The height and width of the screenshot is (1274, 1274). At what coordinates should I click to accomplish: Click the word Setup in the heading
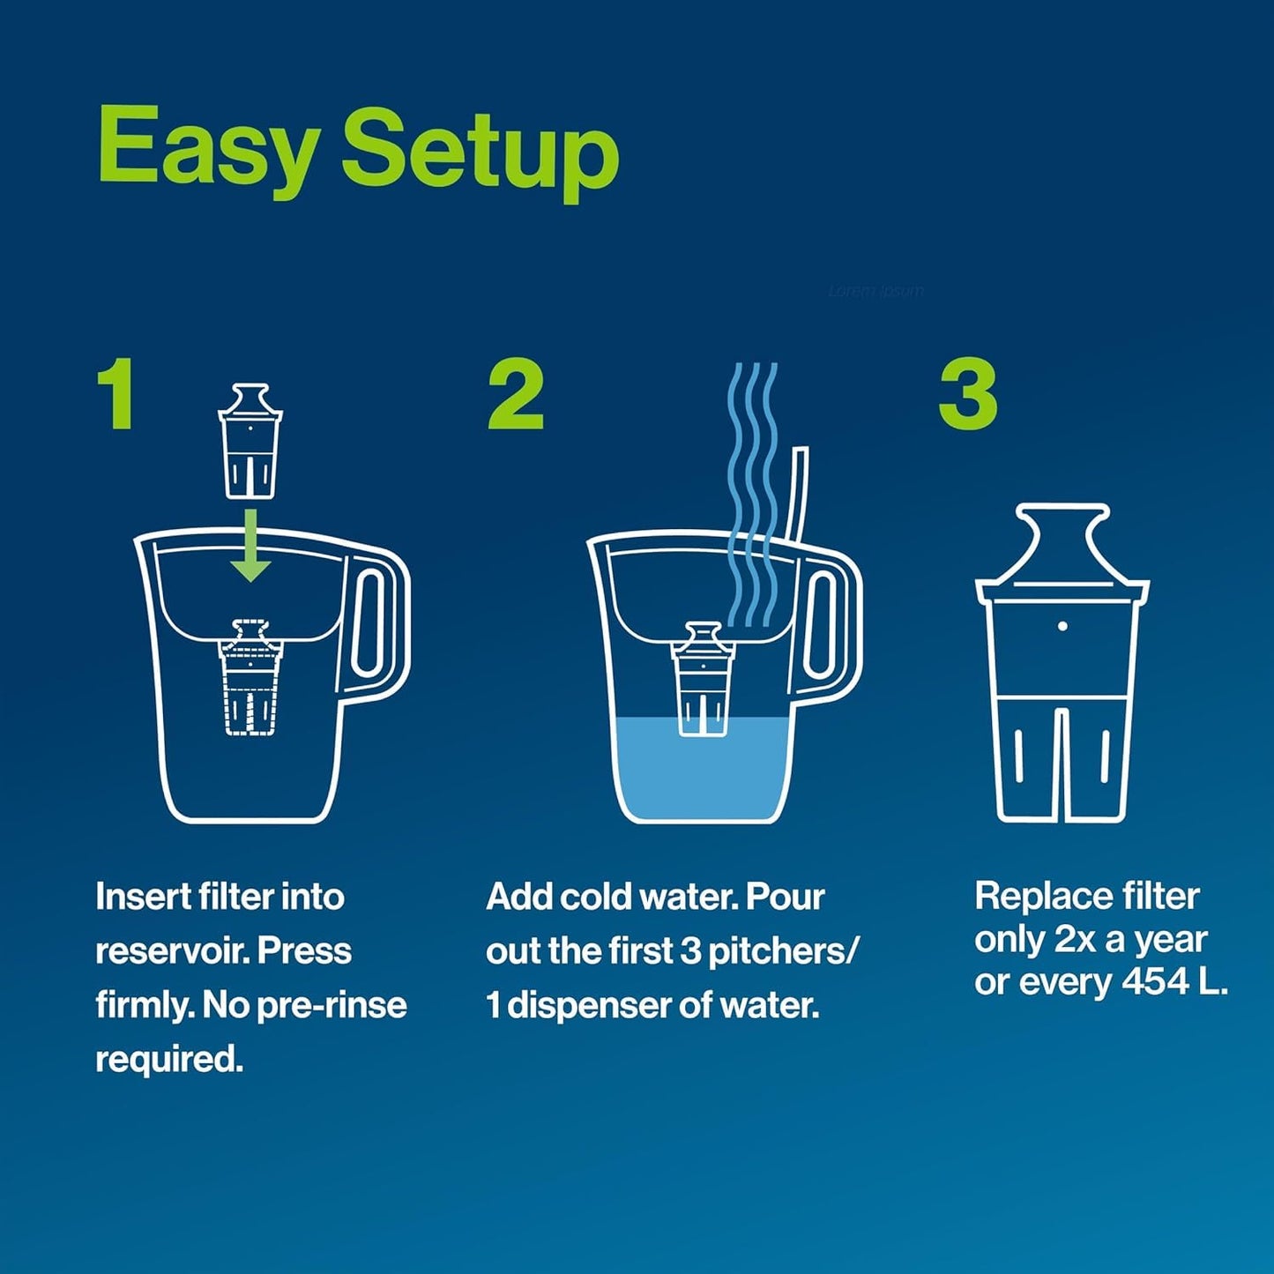tap(480, 152)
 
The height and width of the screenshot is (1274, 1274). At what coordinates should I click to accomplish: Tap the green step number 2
tap(516, 396)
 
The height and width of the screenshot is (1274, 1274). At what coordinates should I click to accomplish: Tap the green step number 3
tap(967, 396)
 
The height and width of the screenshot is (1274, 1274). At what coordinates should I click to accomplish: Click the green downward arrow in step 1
tap(251, 546)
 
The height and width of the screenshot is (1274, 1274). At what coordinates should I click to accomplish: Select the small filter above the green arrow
tap(250, 442)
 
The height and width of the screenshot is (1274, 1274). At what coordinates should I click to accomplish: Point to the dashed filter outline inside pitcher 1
tap(250, 678)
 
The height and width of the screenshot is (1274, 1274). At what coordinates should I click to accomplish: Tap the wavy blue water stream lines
tap(752, 476)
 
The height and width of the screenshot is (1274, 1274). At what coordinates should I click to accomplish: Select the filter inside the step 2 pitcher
tap(702, 678)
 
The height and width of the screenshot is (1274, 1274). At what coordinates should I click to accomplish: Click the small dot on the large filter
tap(1062, 626)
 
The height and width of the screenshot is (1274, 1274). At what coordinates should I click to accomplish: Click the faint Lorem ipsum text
tap(875, 291)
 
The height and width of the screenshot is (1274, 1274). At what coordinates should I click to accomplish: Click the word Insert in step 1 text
tap(141, 897)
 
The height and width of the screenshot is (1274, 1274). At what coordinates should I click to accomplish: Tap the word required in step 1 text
tap(168, 1059)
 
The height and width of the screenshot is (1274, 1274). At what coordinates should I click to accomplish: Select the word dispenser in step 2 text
tap(605, 1005)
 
